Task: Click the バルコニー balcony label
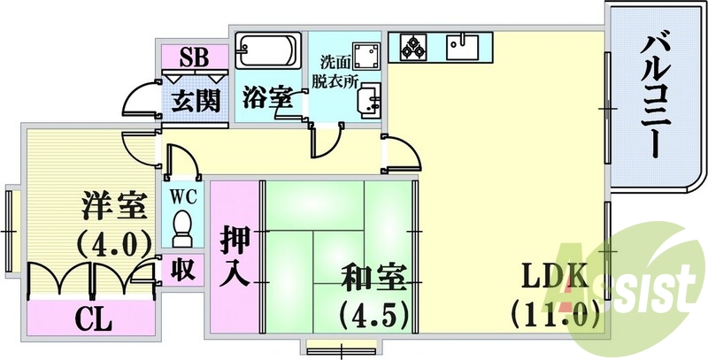pos(656,93)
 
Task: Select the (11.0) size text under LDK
pos(555,313)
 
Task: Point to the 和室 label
pos(373,278)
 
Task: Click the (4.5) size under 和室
pos(373,313)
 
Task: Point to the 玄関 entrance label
pos(194,99)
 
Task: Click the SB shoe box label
pos(194,58)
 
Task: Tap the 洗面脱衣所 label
pos(341,73)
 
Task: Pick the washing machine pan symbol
pos(364,54)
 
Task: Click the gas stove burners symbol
pos(412,45)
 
